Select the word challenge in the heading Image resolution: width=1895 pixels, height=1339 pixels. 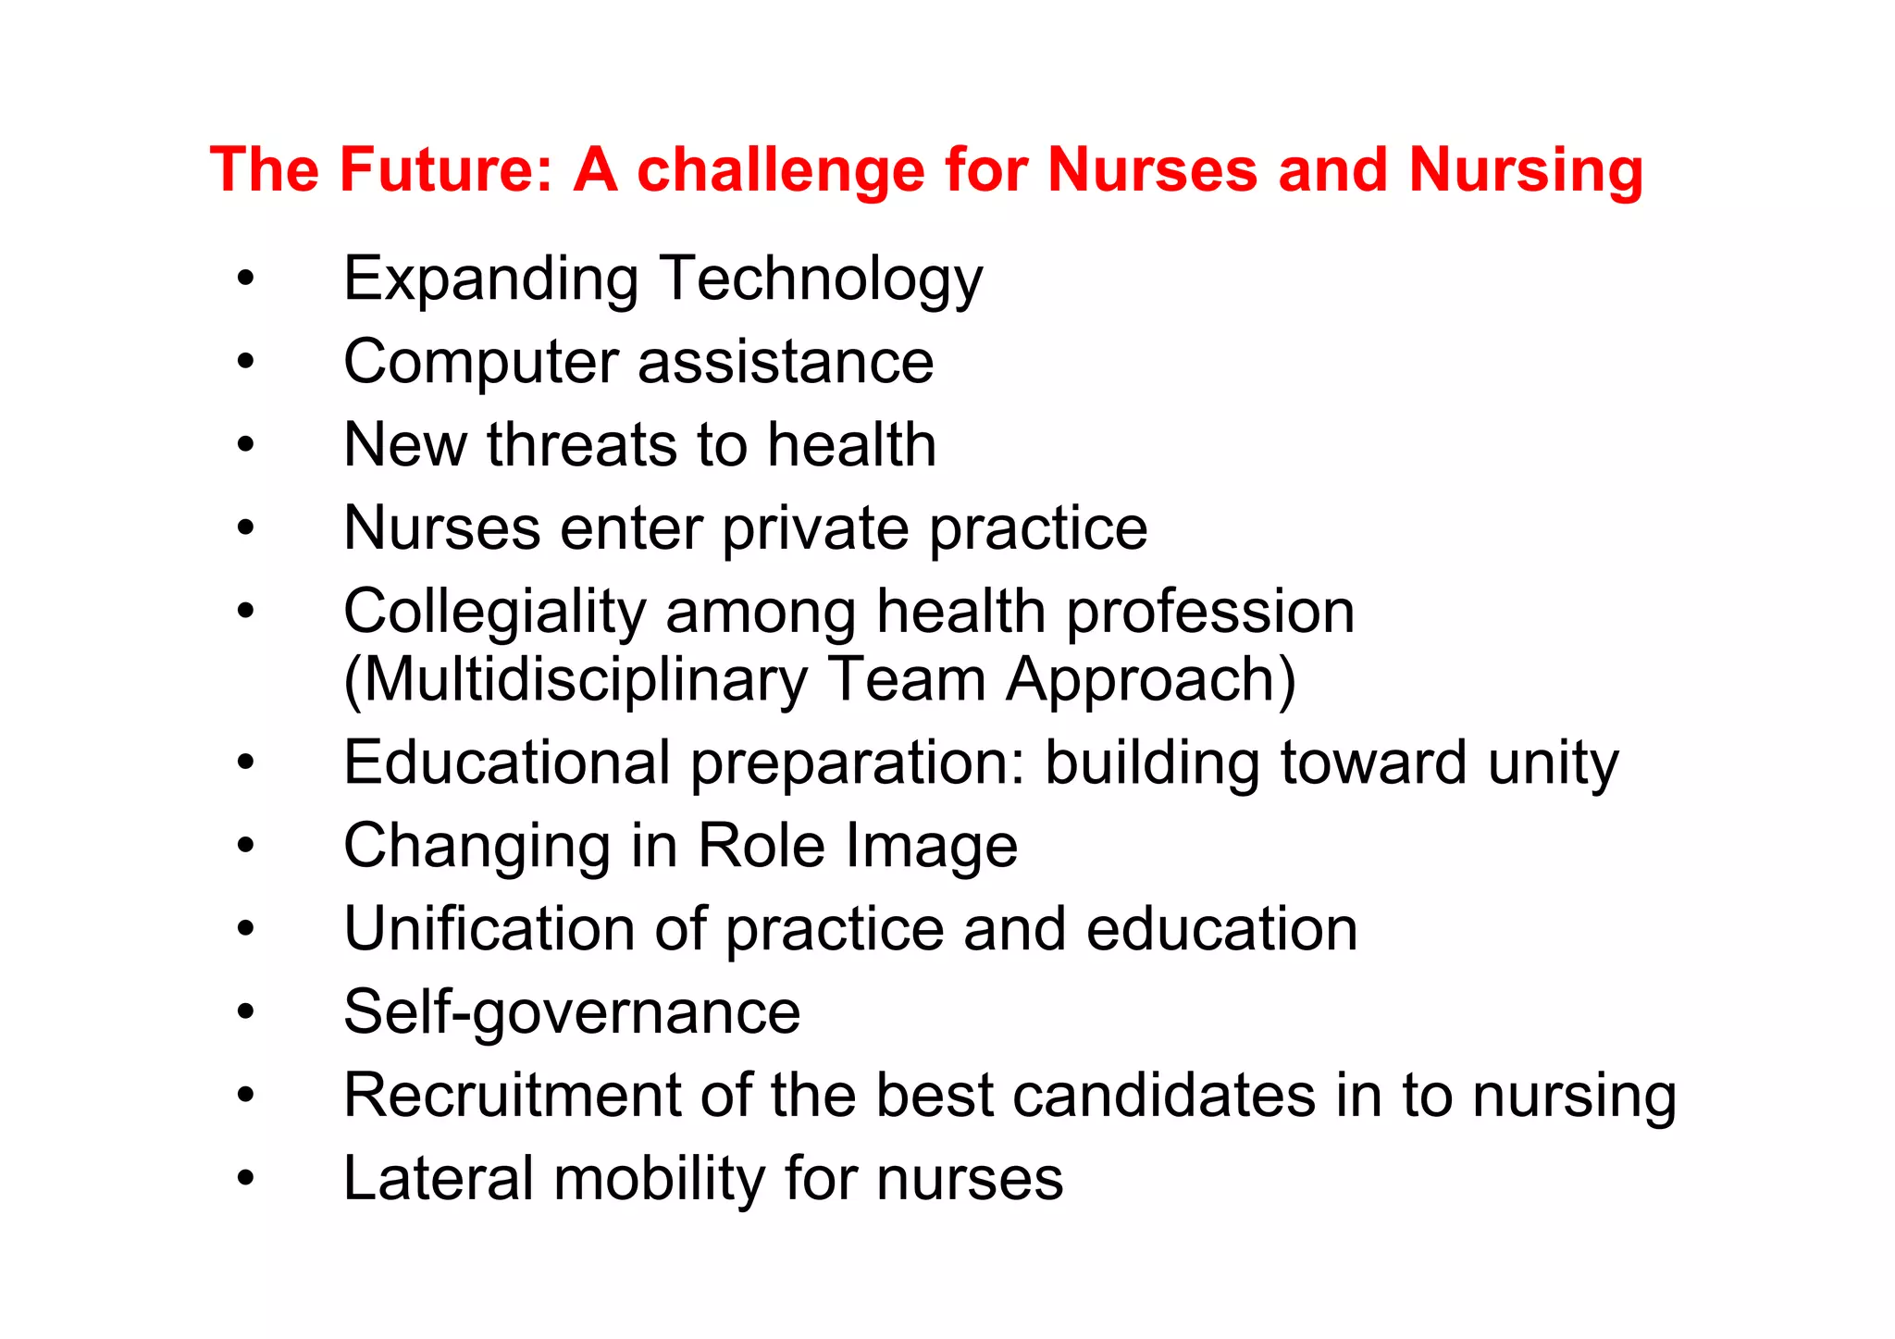click(x=780, y=172)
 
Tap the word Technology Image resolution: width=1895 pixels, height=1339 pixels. click(x=821, y=279)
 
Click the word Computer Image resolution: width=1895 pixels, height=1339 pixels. click(x=479, y=363)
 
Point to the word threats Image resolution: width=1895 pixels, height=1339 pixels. click(x=586, y=445)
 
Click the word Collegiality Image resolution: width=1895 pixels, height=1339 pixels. click(x=494, y=614)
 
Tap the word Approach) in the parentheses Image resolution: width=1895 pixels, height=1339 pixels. click(x=1151, y=681)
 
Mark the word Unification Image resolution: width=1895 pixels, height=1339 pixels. click(x=489, y=929)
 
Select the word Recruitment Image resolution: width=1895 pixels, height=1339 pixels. click(x=512, y=1096)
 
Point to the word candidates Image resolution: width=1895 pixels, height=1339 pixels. click(x=1164, y=1096)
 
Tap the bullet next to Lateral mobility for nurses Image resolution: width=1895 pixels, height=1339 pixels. click(x=245, y=1178)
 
